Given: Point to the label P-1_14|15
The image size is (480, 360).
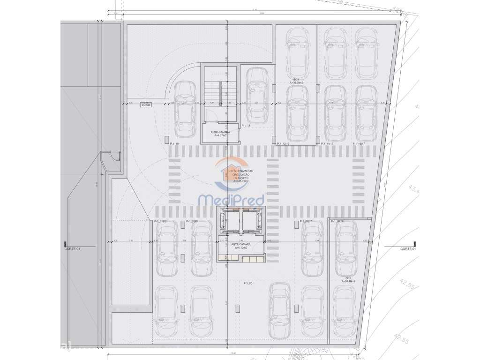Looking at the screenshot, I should [327, 144].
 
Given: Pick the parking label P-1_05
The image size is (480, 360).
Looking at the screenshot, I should [248, 284].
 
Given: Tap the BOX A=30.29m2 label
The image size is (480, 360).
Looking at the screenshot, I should [296, 81].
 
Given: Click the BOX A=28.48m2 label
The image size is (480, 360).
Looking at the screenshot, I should [348, 280].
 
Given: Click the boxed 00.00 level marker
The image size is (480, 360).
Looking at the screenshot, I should [145, 105].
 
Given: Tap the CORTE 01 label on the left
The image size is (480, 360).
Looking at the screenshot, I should [72, 249].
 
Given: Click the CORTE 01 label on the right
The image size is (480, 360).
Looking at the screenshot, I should [408, 249].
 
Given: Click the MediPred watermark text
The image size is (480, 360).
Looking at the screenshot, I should [238, 200].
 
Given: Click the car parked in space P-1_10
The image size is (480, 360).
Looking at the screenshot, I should [185, 108].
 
